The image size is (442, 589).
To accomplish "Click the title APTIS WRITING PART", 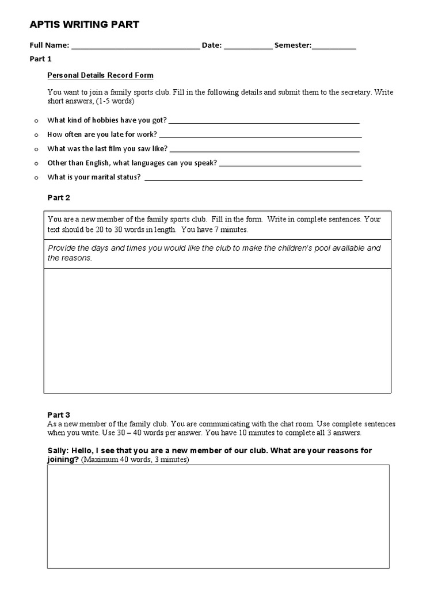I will pos(84,25).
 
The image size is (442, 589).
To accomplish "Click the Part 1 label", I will pos(41,59).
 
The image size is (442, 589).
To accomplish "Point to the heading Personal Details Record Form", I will pos(100,75).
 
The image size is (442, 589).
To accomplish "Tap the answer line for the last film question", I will pos(265,150).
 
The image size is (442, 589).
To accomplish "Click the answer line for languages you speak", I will pos(290,165).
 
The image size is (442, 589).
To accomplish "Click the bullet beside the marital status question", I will pos(36,178).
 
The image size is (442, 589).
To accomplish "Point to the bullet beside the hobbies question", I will pos(36,121).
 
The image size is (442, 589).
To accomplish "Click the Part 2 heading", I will pos(59,197).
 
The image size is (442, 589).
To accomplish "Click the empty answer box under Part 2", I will pos(218,331).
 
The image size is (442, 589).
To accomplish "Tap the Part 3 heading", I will pos(59,415).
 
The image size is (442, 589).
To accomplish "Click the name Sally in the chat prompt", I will pos(58,450).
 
